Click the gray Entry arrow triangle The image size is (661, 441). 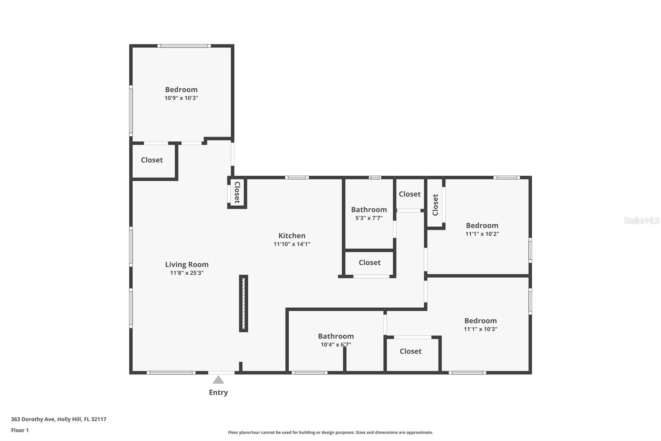[x=218, y=379]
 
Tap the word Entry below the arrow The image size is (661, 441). [x=219, y=393]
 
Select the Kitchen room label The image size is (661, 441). [x=292, y=235]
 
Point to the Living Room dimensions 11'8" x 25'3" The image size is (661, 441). [x=187, y=273]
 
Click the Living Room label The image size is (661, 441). [x=187, y=264]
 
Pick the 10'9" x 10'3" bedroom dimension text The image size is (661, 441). [x=181, y=98]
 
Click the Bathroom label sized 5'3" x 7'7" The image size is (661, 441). [x=369, y=210]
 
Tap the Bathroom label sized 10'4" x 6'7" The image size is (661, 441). [x=336, y=336]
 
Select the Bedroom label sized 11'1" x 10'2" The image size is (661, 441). [x=482, y=225]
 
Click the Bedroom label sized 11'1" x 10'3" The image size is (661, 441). [x=480, y=321]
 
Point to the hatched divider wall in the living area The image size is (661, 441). [x=243, y=304]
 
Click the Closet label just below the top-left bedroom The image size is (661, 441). [x=152, y=160]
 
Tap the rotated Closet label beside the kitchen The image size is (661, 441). [x=237, y=192]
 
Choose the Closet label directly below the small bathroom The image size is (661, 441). [x=369, y=262]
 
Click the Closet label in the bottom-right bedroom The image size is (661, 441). [x=411, y=351]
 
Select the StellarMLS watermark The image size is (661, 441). [x=642, y=220]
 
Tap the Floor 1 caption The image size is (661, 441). [x=20, y=430]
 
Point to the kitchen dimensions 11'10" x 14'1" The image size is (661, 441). [x=292, y=244]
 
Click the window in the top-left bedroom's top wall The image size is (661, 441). [x=184, y=46]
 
